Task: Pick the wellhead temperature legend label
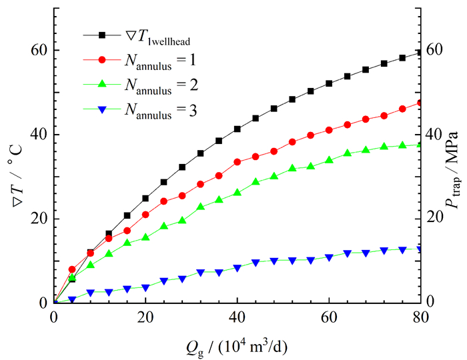[155, 36]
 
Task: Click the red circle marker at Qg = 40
[238, 161]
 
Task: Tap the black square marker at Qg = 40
[238, 129]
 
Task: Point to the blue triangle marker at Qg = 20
[145, 287]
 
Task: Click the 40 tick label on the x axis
[238, 316]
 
